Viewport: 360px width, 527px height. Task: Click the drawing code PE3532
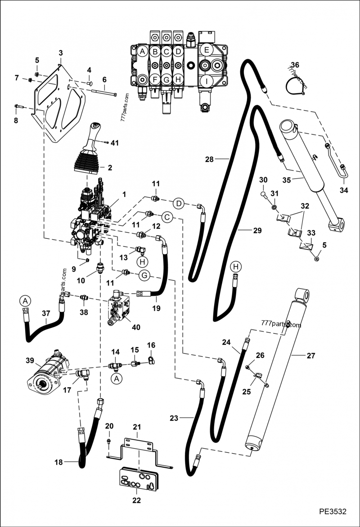(x=333, y=512)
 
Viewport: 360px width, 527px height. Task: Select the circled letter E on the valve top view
(x=207, y=50)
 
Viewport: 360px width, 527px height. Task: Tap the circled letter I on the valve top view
(x=207, y=82)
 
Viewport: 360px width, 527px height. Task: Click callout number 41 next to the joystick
(x=115, y=143)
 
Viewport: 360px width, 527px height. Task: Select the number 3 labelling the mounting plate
(x=60, y=53)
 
